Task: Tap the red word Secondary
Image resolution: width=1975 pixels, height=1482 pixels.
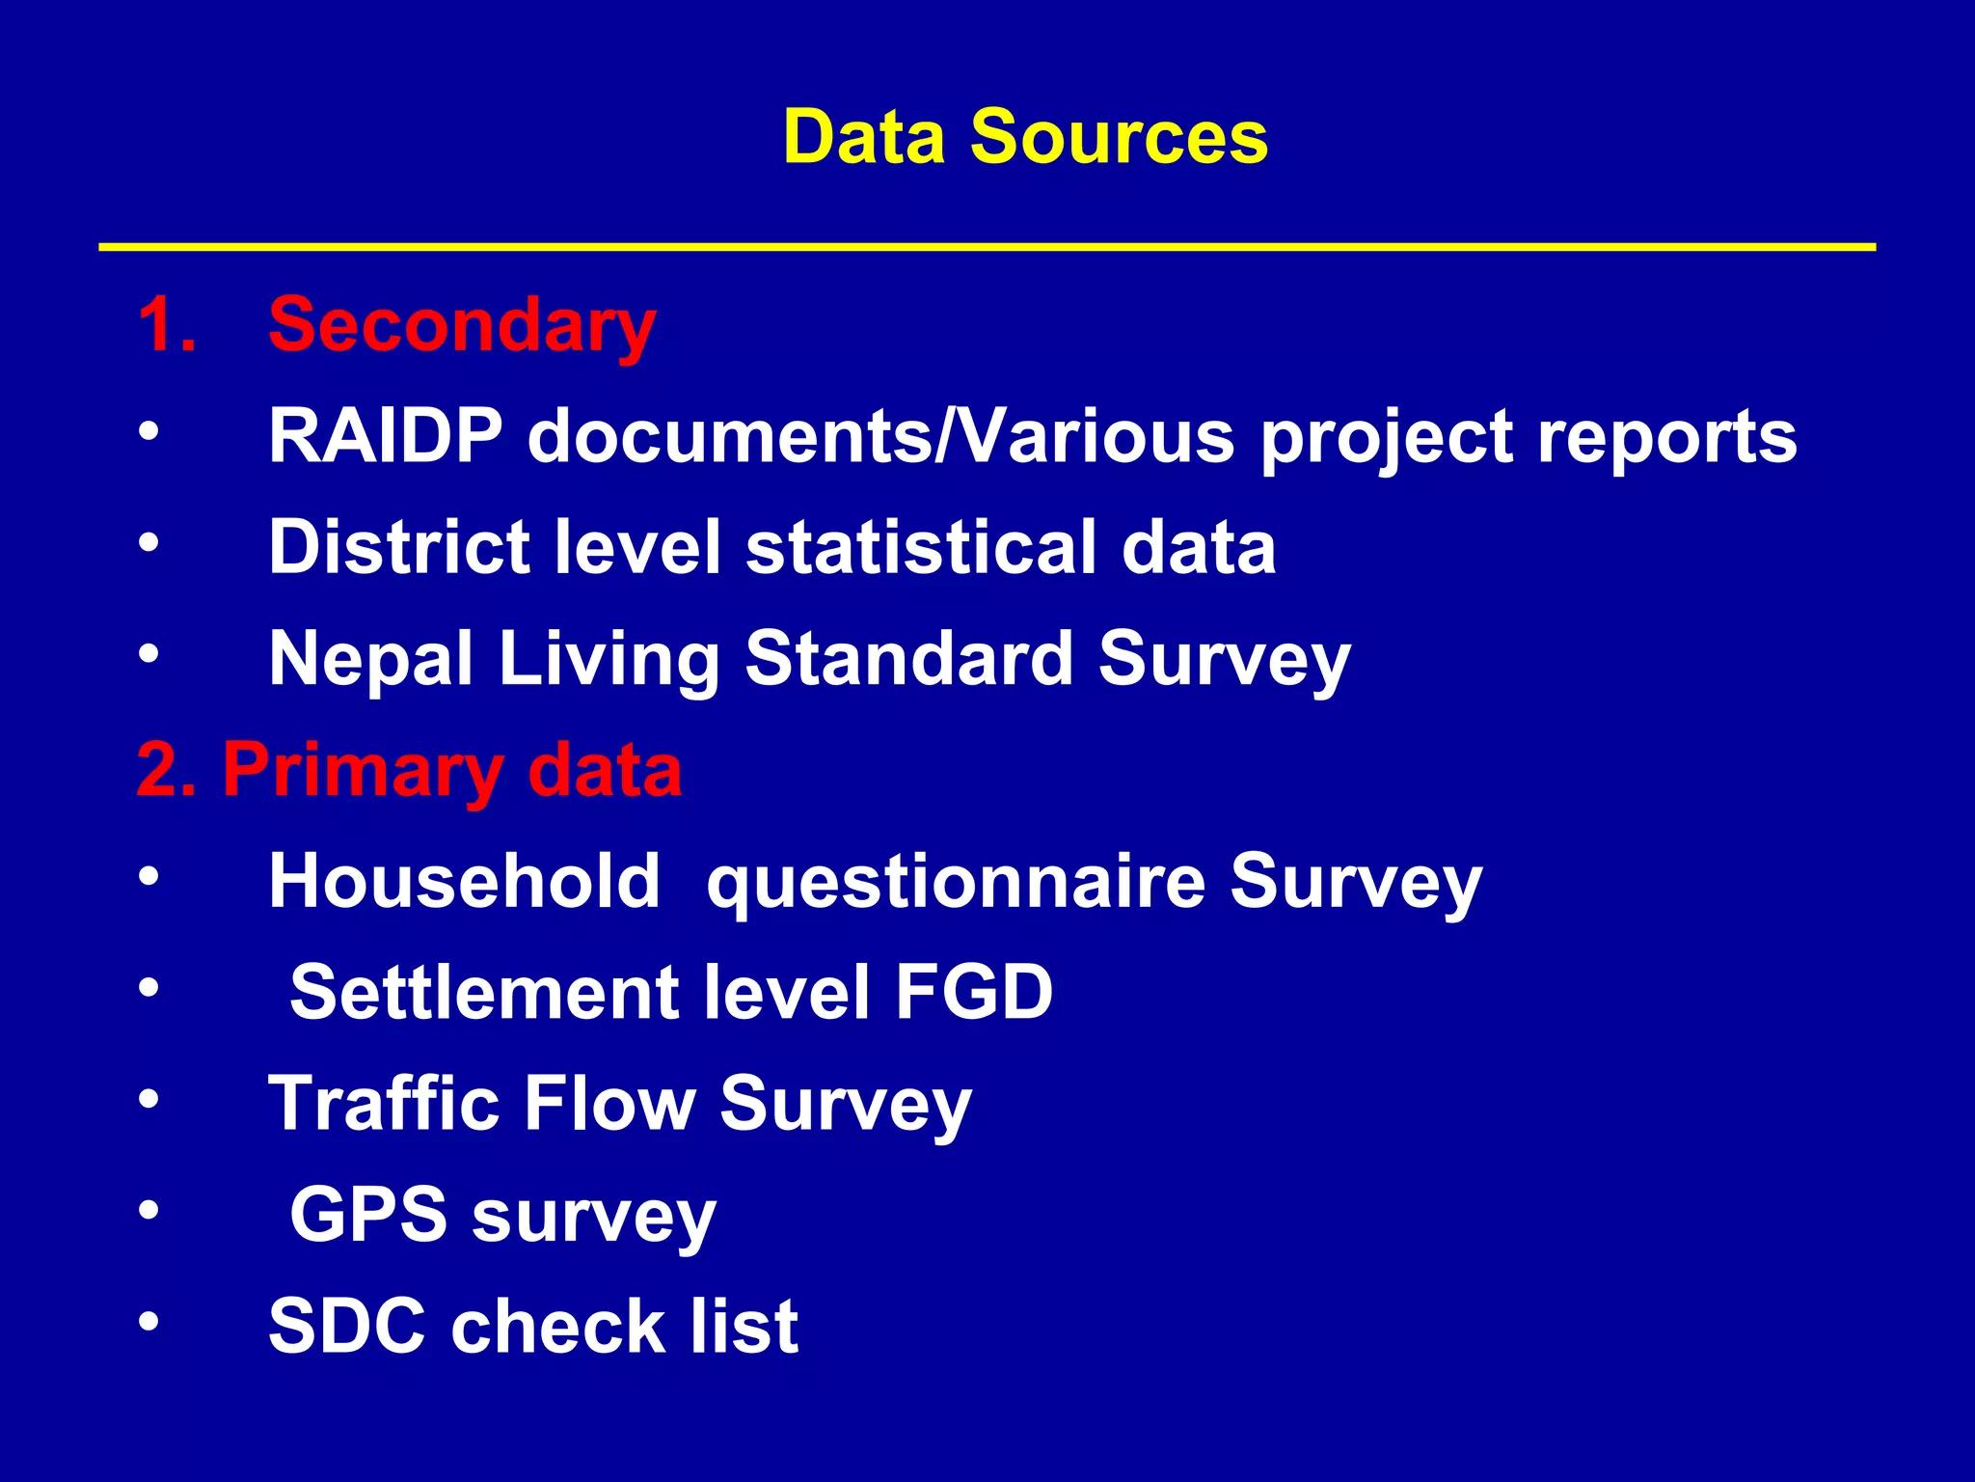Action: click(x=462, y=325)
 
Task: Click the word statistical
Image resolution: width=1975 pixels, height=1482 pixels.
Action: click(x=920, y=547)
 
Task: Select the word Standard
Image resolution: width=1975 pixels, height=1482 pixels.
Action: click(x=909, y=658)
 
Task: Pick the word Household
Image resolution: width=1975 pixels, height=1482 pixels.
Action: click(x=464, y=881)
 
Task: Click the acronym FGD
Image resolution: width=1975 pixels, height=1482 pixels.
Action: click(x=974, y=992)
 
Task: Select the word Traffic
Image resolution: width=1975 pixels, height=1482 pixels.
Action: click(x=384, y=1103)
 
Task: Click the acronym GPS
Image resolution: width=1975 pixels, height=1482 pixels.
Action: click(x=368, y=1215)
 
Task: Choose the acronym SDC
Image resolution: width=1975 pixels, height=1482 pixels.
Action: click(x=347, y=1326)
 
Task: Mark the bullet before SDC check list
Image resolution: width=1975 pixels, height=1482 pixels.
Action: click(x=148, y=1321)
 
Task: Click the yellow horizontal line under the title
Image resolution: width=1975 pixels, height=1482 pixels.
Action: click(x=987, y=247)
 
